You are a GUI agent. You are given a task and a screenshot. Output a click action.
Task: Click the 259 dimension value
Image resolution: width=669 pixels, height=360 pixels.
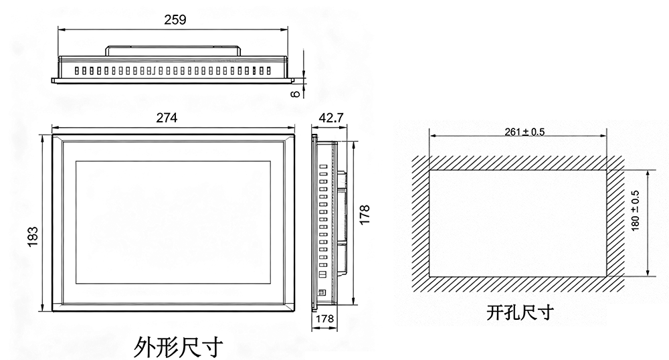[175, 20]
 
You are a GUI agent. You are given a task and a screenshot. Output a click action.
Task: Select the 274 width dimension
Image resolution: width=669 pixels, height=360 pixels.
[167, 118]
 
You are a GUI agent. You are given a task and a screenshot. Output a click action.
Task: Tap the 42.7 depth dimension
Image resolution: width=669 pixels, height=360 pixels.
[331, 118]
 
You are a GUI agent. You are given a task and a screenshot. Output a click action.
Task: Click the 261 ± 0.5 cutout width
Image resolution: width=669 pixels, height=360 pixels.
[525, 132]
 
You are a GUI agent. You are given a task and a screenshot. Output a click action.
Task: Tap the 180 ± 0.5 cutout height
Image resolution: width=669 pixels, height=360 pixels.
[635, 211]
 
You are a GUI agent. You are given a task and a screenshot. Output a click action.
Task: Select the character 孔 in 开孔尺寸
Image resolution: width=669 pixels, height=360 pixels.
[512, 312]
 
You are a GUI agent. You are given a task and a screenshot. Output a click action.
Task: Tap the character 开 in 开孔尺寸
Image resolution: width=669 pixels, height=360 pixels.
[495, 312]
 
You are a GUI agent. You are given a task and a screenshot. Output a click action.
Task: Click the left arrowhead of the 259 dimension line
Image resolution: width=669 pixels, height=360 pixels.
[62, 29]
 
